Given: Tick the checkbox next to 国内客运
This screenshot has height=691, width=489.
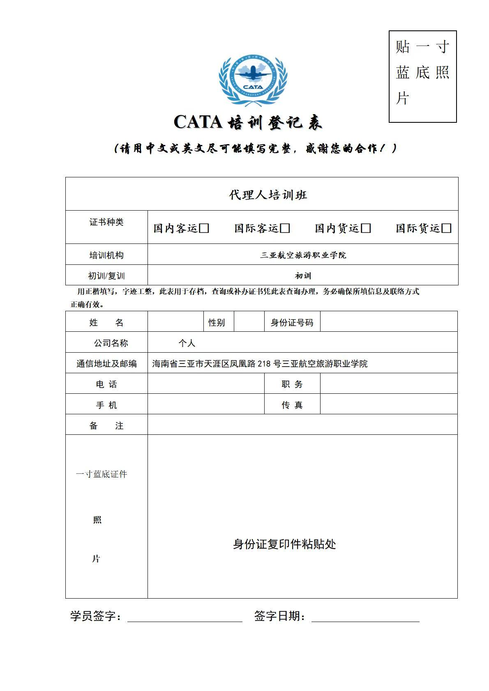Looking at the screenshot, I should pos(204,228).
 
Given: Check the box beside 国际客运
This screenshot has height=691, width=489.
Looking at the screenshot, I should pos(285,228).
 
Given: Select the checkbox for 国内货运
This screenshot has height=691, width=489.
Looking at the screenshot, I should pos(366,228).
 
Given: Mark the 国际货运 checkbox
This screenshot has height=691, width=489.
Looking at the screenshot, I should pos(447,228).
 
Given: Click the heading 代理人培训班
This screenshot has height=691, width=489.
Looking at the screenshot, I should pos(268,195).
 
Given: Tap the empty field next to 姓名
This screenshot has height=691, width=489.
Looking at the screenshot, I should pos(175,322).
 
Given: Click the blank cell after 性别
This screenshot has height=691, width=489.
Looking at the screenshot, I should pos(249,322).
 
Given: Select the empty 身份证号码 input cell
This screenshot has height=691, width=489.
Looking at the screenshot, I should pos(388,322).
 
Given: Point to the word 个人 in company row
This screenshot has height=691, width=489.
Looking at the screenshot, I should pos(187,343).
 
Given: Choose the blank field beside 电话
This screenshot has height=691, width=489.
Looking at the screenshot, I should pos(205,384).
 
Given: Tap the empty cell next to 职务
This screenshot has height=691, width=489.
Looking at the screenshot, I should pos(388,384).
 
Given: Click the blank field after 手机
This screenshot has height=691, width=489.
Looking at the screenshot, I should pos(205,404).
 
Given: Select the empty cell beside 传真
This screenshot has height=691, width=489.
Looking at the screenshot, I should pos(388,404).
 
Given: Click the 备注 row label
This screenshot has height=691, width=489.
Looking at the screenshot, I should pos(106,426).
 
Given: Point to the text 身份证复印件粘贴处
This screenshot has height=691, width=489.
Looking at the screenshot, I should pos(284,544).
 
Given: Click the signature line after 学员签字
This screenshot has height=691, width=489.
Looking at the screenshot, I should pos(185,617).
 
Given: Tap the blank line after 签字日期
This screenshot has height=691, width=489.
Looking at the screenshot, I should pos(365,617).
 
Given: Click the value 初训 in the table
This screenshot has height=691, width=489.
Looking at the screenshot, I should pos(303,276).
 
